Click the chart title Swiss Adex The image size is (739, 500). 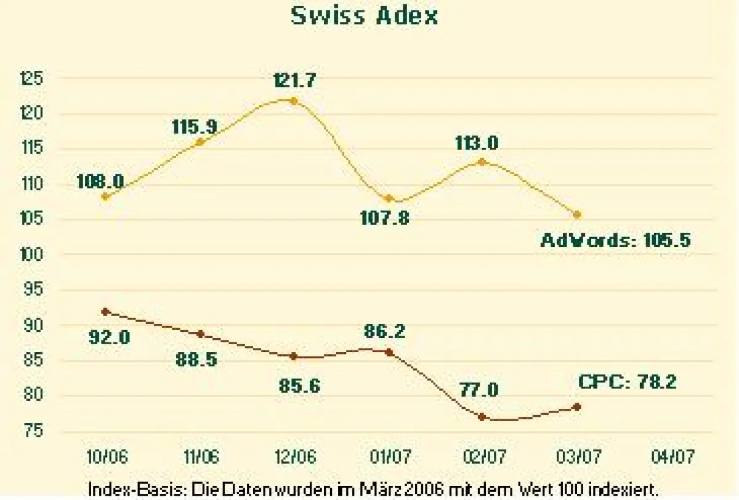pyautogui.click(x=365, y=15)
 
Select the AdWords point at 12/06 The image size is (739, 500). pyautogui.click(x=294, y=100)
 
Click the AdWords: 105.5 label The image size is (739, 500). pyautogui.click(x=615, y=240)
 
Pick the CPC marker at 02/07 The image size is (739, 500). pyautogui.click(x=482, y=417)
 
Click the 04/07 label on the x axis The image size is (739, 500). pyautogui.click(x=672, y=457)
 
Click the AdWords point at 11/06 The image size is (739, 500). pyautogui.click(x=200, y=142)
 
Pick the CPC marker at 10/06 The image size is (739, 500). pyautogui.click(x=105, y=312)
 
